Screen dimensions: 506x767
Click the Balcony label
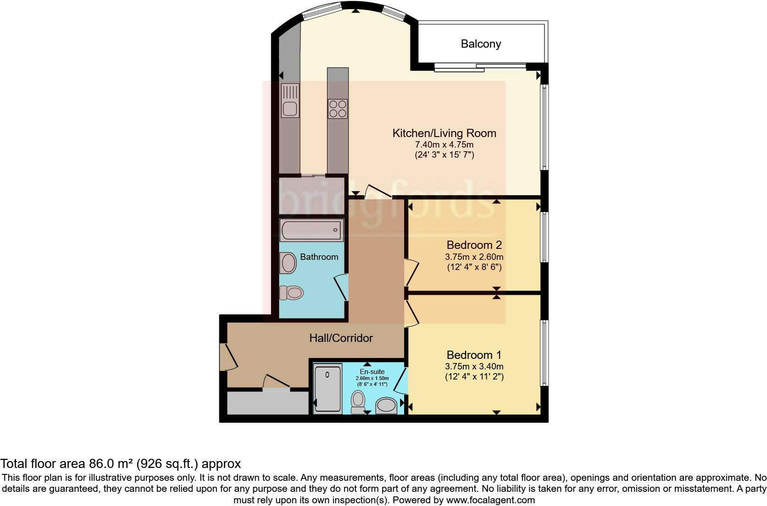[481, 44]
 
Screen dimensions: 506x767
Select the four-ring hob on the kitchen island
[338, 109]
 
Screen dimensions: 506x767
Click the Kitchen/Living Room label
[444, 133]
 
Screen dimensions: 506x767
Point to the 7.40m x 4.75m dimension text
[444, 145]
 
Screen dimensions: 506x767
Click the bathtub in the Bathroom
[311, 231]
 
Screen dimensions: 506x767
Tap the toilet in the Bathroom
[291, 292]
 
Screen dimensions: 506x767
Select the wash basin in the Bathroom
[289, 264]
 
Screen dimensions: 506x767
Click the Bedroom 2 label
[474, 245]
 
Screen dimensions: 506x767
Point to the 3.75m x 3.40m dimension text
[474, 367]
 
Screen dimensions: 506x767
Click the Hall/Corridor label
[341, 338]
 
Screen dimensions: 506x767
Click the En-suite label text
[372, 371]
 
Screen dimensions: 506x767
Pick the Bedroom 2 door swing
[411, 272]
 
